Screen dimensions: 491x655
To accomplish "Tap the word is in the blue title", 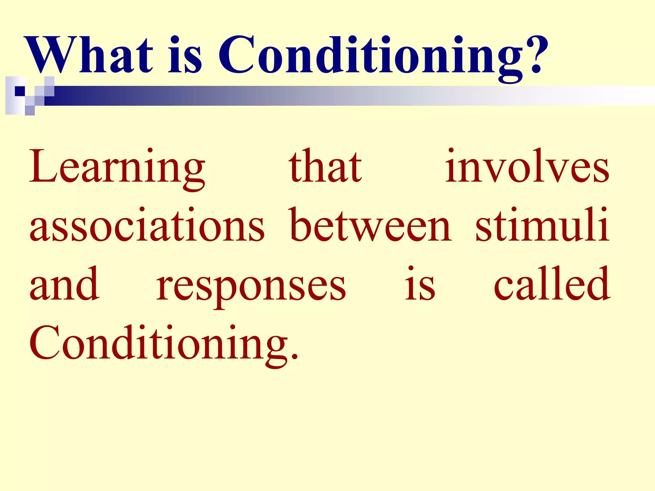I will pyautogui.click(x=185, y=55).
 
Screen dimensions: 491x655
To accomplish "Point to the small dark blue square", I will pyautogui.click(x=20, y=91).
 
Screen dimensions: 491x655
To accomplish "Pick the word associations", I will pyautogui.click(x=147, y=226).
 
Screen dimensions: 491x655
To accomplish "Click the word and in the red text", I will pyautogui.click(x=64, y=284).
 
